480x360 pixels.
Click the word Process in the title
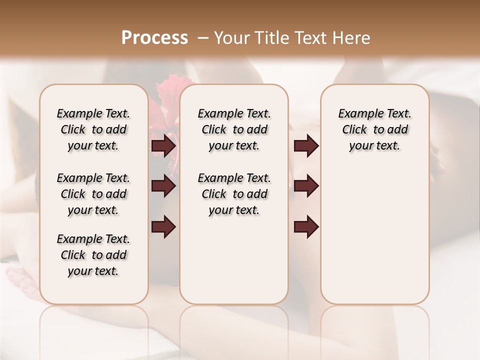tap(154, 38)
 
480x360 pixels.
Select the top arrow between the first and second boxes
tap(164, 146)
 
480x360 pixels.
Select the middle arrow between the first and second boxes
tap(164, 186)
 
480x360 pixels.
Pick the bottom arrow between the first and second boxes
tap(164, 227)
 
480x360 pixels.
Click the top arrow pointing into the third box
tap(306, 146)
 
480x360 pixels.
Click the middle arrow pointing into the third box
tap(306, 186)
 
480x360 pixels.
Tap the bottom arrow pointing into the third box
tap(306, 227)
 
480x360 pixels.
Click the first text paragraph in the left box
tap(93, 129)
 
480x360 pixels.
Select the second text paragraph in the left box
tap(93, 194)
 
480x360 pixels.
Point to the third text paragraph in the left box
tap(93, 255)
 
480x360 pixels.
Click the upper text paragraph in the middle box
tap(234, 129)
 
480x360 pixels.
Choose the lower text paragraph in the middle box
tap(234, 194)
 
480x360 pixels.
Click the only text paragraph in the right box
tap(374, 129)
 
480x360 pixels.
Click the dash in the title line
tap(203, 38)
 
